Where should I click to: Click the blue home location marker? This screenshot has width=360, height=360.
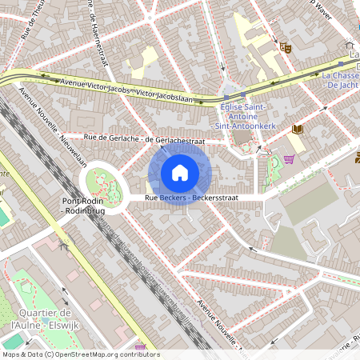[180, 172]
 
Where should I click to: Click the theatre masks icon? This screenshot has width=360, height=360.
[283, 48]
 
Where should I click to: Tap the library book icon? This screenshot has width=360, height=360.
[299, 130]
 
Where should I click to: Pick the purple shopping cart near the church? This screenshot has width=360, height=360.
[288, 158]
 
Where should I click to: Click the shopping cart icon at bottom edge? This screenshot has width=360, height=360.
[141, 348]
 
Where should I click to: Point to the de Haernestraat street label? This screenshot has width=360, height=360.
[101, 32]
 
